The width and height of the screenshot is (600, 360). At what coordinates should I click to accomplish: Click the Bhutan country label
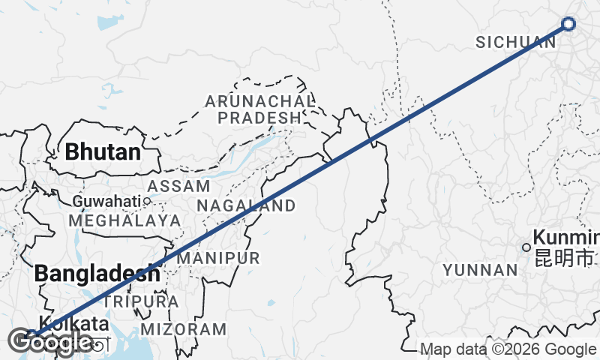pyautogui.click(x=103, y=151)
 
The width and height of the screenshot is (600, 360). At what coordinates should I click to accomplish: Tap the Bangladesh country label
pyautogui.click(x=98, y=273)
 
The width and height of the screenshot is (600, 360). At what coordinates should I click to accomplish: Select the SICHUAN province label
pyautogui.click(x=514, y=43)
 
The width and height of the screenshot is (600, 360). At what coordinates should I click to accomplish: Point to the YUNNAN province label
pyautogui.click(x=481, y=269)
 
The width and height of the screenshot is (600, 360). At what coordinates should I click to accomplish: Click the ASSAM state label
pyautogui.click(x=178, y=186)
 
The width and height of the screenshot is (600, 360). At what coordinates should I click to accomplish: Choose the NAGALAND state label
pyautogui.click(x=246, y=205)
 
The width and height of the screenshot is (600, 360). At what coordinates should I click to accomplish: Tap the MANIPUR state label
pyautogui.click(x=218, y=258)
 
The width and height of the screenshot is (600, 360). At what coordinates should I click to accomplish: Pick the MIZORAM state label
pyautogui.click(x=183, y=328)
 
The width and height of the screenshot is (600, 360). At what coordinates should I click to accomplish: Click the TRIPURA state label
pyautogui.click(x=142, y=301)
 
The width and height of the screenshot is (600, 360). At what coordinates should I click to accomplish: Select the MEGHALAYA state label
pyautogui.click(x=124, y=220)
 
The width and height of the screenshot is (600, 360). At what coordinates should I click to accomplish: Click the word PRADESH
pyautogui.click(x=259, y=118)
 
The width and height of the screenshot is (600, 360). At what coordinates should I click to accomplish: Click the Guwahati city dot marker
pyautogui.click(x=147, y=201)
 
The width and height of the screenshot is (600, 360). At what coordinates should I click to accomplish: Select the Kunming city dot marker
pyautogui.click(x=526, y=247)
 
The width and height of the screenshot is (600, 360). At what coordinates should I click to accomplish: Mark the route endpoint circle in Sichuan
pyautogui.click(x=568, y=24)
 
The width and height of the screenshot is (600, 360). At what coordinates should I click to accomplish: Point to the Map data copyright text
pyautogui.click(x=508, y=349)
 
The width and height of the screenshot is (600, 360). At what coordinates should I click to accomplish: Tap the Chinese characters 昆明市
pyautogui.click(x=564, y=259)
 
